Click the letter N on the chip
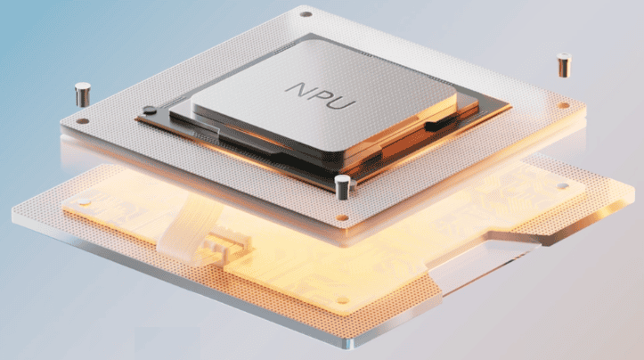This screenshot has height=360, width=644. coord(300,89)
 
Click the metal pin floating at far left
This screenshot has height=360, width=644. coord(83,94)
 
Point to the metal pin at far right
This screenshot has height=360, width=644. coord(564,65)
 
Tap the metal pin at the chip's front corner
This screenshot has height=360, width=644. coord(343,187)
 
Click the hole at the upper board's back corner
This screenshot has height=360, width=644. coord(306,14)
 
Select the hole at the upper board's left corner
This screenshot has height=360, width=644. coord(83,121)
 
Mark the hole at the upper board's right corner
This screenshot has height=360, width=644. coord(564,106)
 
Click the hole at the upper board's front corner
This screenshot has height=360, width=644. coord(342,217)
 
